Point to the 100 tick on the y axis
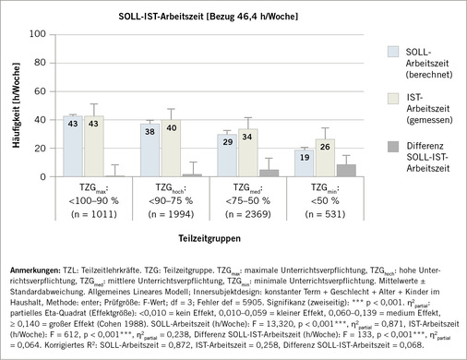[39, 34]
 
